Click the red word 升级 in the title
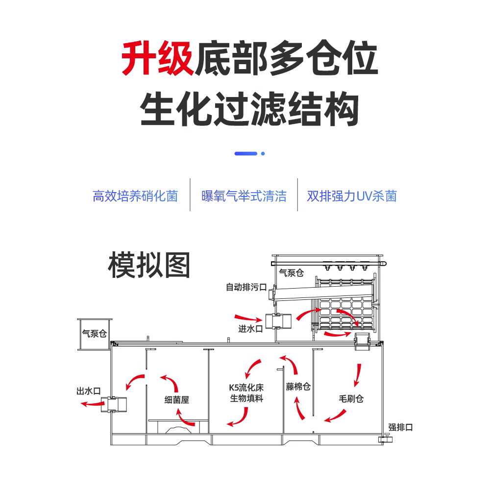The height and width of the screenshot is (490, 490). coord(158,58)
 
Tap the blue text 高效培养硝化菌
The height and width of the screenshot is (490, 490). coord(135,196)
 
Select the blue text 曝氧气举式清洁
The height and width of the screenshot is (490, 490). coord(244,196)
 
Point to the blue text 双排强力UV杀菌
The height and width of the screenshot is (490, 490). coord(352,196)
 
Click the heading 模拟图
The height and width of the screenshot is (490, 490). coord(149,265)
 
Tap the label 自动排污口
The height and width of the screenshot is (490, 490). coord(246,287)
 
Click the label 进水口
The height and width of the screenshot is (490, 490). coord(250,329)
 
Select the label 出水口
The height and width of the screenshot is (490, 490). coord(89,391)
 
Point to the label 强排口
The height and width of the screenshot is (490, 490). coord(400,427)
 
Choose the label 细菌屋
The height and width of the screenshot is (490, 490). coord(176,400)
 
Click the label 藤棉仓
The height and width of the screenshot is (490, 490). coord(298,387)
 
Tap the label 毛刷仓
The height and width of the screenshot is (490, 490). coord(351,399)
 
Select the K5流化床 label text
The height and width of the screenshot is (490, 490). coord(246,388)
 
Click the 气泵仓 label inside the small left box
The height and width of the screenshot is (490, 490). coord(95,333)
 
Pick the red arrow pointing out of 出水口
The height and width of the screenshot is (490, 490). coord(93,404)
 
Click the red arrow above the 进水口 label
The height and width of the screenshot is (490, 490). coord(248,318)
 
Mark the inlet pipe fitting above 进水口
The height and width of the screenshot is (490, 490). coord(278,320)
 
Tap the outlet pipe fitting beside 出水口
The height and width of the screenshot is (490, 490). coord(114,404)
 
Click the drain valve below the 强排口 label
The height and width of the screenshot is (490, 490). coord(386,439)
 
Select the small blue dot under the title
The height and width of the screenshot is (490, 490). coord(263,153)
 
